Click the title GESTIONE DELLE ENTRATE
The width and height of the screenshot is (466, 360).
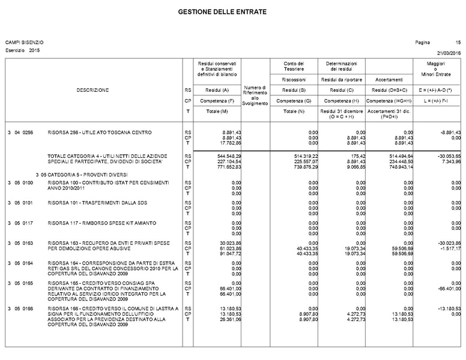(x=222, y=12)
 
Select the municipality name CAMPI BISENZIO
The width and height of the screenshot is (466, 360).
(x=25, y=42)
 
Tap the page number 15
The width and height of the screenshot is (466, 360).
(x=458, y=42)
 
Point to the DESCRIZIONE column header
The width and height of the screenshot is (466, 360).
(x=92, y=90)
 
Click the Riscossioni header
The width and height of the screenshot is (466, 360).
(x=294, y=79)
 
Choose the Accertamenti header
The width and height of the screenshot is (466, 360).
(x=389, y=79)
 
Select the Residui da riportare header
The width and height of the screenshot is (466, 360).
(x=341, y=79)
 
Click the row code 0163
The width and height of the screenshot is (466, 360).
(x=28, y=242)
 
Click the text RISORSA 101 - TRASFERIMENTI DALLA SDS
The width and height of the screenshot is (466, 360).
(x=97, y=203)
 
